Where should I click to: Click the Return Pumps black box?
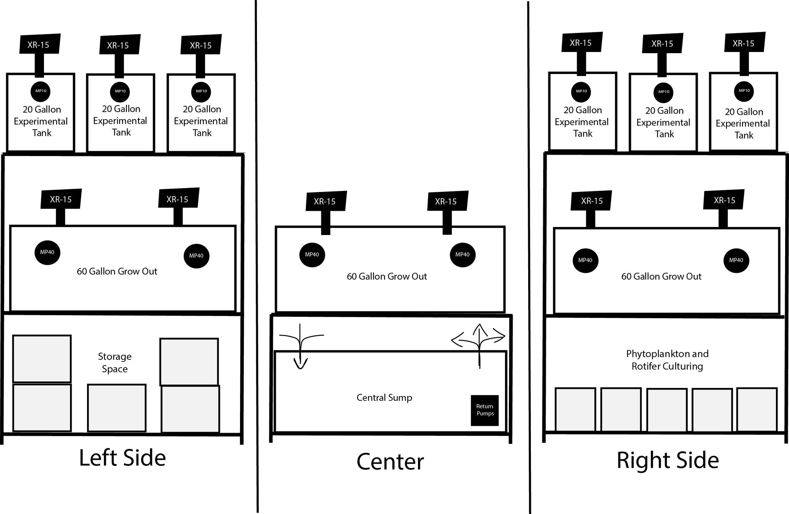coord(485,410)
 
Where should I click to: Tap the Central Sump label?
coord(384,397)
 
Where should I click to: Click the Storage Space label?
coord(114,362)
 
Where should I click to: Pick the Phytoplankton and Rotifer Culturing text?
coord(667,359)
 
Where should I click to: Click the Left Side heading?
coord(122,457)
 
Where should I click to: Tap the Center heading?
coord(390,461)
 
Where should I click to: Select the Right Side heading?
coord(667,460)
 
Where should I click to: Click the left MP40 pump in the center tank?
coord(312,255)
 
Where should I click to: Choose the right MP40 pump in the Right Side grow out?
coord(736,260)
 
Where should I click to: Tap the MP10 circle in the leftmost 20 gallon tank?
coord(41,91)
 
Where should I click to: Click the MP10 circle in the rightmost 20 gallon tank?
coord(744,91)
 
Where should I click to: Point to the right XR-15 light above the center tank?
coord(447,201)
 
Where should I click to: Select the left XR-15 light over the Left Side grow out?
coord(61,199)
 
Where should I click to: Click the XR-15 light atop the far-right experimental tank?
coord(744,43)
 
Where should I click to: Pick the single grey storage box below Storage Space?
coord(116,407)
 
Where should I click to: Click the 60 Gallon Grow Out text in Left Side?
coord(117,271)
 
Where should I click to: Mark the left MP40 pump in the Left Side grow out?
coord(47,252)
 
